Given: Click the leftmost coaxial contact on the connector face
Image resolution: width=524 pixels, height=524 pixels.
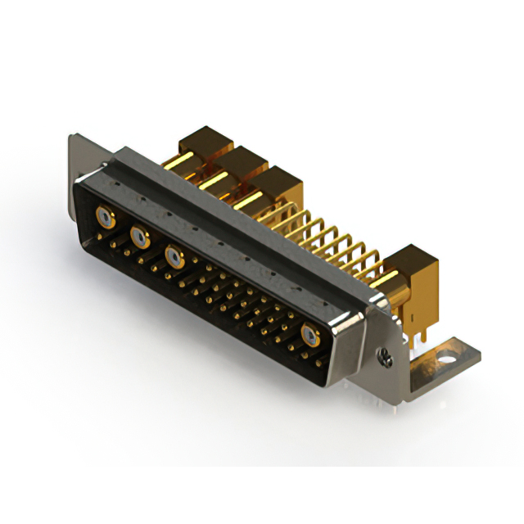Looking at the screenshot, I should pyautogui.click(x=104, y=217).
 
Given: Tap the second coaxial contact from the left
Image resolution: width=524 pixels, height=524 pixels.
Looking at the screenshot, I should pyautogui.click(x=140, y=238).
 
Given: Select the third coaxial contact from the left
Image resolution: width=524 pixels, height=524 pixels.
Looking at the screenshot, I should pyautogui.click(x=174, y=257).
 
